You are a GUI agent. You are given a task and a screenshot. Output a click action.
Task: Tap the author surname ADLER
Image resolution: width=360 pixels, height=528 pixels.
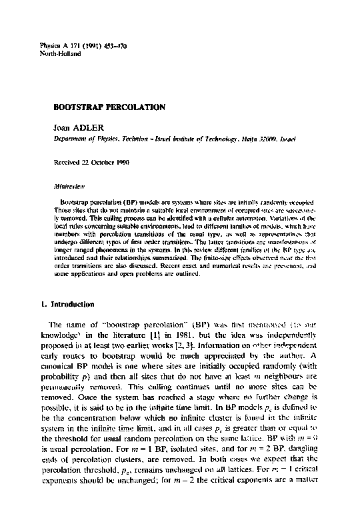[x=82, y=127]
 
